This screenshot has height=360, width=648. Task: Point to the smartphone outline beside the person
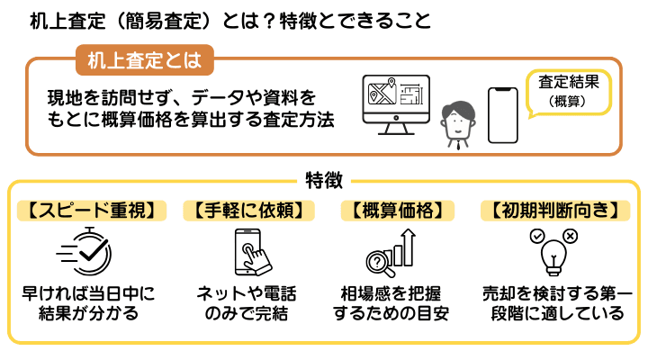coord(503,114)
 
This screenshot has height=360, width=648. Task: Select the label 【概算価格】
coord(396,211)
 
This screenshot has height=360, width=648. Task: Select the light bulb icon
coord(551,253)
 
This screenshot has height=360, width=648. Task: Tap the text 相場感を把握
coord(394,293)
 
